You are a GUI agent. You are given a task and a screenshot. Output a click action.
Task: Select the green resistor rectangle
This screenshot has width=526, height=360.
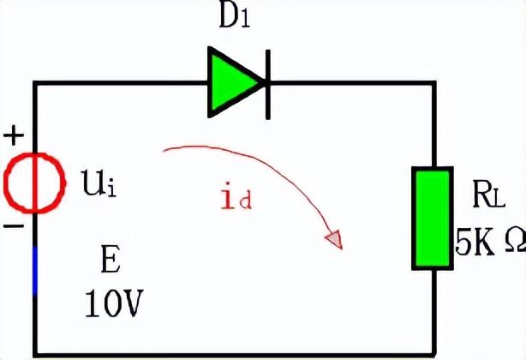(433, 218)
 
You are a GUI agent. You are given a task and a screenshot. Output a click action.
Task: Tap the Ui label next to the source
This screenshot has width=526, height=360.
(98, 183)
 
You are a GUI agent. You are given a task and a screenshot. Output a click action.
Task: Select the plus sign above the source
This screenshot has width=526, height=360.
(14, 135)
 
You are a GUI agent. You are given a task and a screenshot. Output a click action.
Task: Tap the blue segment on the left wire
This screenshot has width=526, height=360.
(34, 269)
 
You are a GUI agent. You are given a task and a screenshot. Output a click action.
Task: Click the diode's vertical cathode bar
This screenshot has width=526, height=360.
(268, 82)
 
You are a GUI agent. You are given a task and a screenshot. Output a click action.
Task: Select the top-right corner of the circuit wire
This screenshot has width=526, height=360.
(433, 82)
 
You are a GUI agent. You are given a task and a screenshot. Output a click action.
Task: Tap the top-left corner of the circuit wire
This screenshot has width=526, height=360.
(34, 82)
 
